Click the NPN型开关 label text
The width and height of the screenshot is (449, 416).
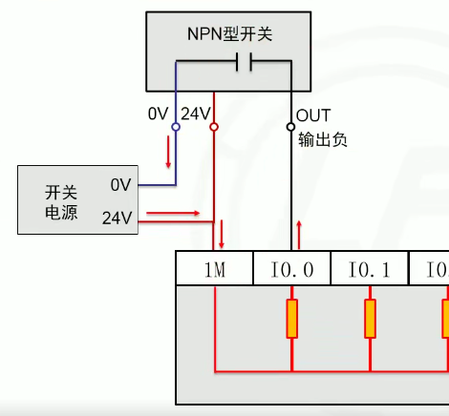(x=229, y=34)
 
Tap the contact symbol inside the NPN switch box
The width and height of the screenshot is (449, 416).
(x=244, y=63)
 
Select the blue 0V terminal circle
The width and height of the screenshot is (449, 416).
(x=176, y=127)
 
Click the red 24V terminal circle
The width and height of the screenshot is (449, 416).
(x=213, y=127)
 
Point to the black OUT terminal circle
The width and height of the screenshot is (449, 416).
(x=290, y=126)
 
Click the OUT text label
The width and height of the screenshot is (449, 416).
(x=314, y=115)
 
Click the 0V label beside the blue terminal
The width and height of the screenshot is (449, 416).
(x=159, y=114)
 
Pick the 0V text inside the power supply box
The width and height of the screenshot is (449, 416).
(x=120, y=183)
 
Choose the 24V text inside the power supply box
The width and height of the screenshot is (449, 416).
(x=117, y=217)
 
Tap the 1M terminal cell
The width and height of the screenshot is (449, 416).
(x=215, y=270)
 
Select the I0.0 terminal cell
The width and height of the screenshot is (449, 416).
(x=291, y=270)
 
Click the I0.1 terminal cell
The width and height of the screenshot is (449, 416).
(x=369, y=270)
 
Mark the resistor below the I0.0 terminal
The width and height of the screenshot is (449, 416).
(x=291, y=319)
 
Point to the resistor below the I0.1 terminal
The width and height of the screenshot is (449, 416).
(x=369, y=319)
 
